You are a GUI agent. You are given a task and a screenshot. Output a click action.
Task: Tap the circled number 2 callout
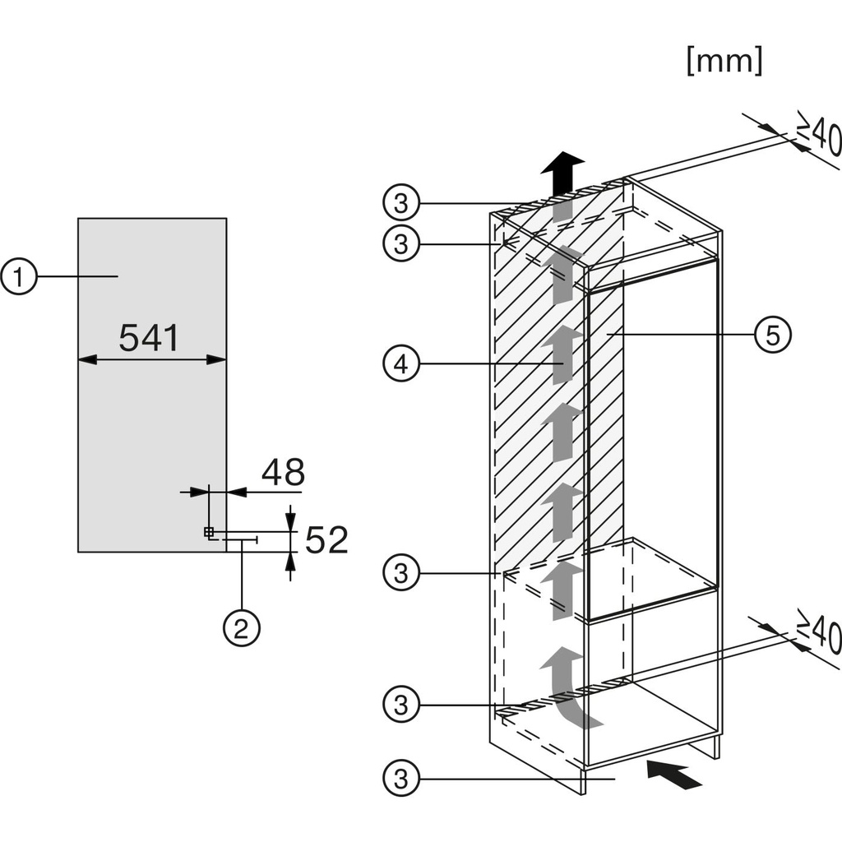[241, 629]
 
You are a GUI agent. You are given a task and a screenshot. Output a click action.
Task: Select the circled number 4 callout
[400, 363]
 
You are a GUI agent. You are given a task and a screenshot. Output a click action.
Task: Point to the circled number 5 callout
[774, 335]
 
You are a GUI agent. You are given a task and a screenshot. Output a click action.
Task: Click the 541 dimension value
[150, 338]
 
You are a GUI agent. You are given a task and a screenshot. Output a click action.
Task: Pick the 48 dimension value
[283, 472]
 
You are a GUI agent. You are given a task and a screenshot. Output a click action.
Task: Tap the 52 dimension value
[326, 540]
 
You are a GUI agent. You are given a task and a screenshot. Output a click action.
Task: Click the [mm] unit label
[724, 60]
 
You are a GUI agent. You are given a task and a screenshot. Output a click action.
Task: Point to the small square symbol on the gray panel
[209, 531]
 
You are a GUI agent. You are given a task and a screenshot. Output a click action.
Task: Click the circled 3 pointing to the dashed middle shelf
[400, 571]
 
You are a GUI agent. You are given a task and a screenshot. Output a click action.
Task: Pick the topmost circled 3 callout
[400, 202]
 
